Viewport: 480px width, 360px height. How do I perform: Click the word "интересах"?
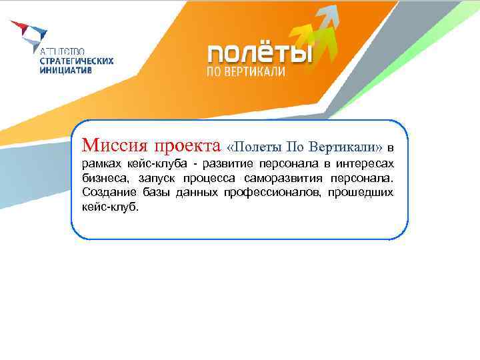pyautogui.click(x=367, y=163)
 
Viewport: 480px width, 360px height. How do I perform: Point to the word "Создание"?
pyautogui.click(x=109, y=193)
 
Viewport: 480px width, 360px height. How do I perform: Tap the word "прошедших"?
pyautogui.click(x=361, y=193)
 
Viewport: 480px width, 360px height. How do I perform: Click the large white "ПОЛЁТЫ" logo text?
pyautogui.click(x=259, y=53)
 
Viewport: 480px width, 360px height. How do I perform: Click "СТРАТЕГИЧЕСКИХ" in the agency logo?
pyautogui.click(x=77, y=60)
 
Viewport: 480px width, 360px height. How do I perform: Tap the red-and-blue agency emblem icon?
pyautogui.click(x=29, y=33)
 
